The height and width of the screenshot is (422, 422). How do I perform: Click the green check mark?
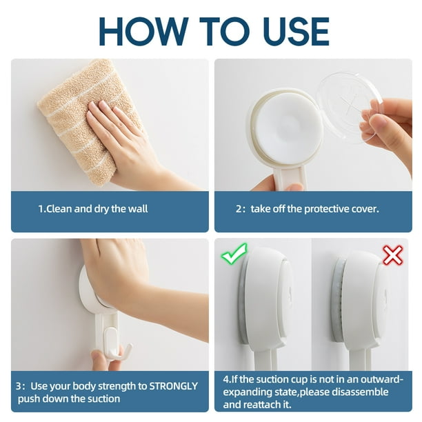[234, 253]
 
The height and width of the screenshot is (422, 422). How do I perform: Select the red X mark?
[392, 255]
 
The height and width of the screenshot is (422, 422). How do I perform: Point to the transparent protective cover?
[349, 107]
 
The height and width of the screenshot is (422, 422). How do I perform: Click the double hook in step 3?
[116, 345]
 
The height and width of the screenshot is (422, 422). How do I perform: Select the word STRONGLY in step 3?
[174, 386]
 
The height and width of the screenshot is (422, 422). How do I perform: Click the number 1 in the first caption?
[41, 209]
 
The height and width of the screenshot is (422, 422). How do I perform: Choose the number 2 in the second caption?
[239, 209]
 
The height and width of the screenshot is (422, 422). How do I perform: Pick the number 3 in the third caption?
[19, 386]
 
